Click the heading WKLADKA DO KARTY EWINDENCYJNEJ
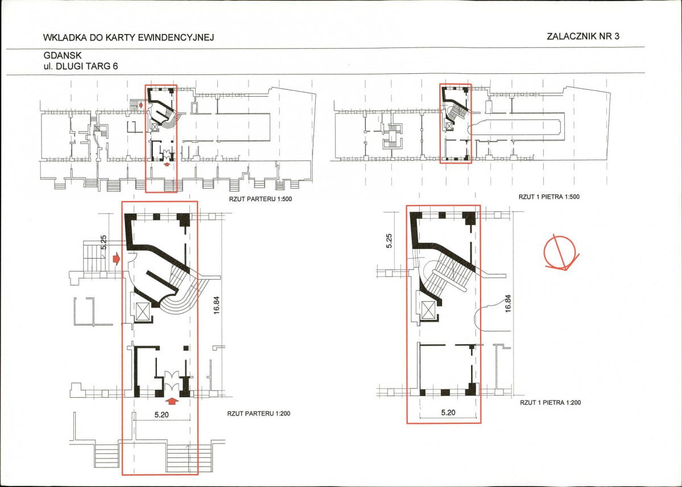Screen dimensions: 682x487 point(129,38)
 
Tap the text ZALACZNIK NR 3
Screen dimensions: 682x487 point(583,36)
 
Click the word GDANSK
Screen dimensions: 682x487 point(63,56)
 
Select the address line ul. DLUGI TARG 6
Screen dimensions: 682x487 point(80,66)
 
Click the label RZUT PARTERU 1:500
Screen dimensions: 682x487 point(261,199)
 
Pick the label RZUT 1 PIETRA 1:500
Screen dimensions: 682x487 point(549,197)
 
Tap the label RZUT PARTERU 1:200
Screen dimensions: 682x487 point(258,414)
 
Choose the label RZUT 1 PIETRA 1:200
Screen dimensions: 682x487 point(550,403)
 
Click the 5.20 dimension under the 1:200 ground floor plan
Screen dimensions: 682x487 point(162,415)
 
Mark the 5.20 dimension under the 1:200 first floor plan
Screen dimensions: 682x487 point(448,413)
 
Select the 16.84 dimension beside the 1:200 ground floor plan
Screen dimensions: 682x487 point(217,305)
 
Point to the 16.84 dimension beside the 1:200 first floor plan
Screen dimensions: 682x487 point(507,303)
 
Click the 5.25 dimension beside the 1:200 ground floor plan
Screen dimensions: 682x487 point(104,242)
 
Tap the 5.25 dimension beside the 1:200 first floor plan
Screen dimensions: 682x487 point(389,241)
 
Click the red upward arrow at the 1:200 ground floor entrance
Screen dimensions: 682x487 point(173,401)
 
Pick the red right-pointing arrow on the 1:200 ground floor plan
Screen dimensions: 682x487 point(116,259)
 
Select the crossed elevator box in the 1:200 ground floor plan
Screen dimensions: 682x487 point(142,311)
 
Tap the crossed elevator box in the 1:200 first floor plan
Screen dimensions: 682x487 point(428,310)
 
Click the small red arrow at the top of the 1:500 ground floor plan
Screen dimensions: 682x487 point(140,105)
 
